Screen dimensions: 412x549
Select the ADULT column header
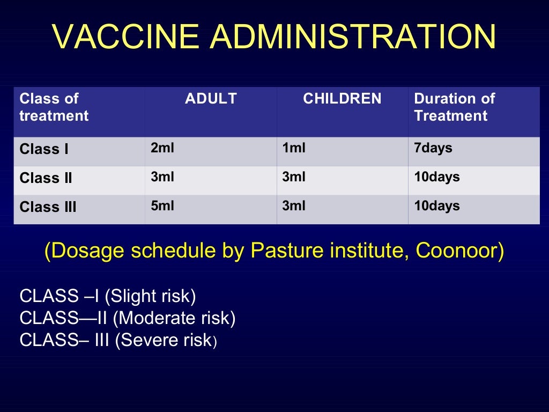pos(211,99)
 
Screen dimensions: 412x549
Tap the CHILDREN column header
pos(342,99)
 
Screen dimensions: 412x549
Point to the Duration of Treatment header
pos(454,107)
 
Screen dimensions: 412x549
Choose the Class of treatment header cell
pos(54,107)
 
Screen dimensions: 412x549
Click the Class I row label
pos(44,149)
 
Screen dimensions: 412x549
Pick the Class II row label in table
pos(46,178)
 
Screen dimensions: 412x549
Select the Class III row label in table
pos(48,207)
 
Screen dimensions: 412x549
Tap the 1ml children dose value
pos(294,148)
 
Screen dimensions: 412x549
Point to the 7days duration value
pos(433,148)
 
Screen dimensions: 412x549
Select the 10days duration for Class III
pos(436,206)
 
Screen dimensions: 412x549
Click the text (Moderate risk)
pos(174,318)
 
